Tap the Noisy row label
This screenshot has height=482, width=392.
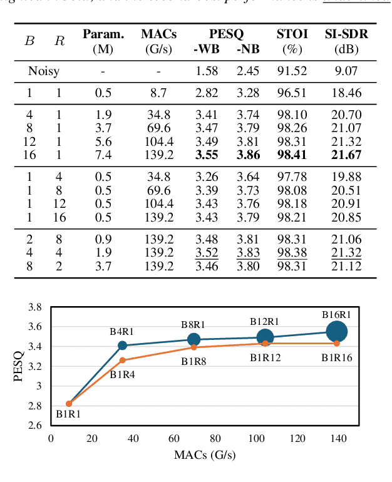(43, 71)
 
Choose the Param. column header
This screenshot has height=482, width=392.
(103, 33)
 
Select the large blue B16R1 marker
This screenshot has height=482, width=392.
(337, 332)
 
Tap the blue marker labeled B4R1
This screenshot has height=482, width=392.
(123, 346)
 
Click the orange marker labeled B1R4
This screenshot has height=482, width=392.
(123, 360)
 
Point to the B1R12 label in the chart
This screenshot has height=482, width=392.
(265, 357)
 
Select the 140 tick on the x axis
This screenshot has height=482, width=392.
(338, 438)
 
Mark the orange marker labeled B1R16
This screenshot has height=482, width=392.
(337, 343)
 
